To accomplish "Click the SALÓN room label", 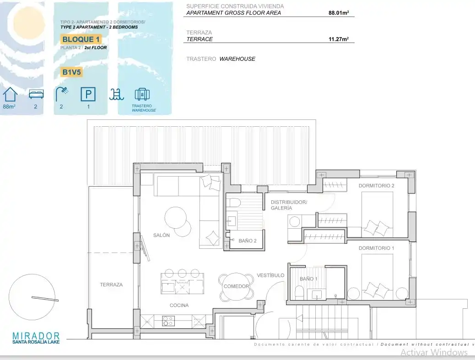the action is [161, 235].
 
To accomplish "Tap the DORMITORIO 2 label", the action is [376, 186].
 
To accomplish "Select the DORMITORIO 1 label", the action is [376, 248].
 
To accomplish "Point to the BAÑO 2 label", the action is [248, 241].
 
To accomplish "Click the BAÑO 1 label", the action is [308, 279].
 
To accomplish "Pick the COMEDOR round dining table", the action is [236, 286].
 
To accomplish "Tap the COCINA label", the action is [179, 305].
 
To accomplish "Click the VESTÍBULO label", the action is [270, 275].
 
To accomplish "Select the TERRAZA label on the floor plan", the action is [111, 285].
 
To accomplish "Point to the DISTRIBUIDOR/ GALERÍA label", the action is [289, 205].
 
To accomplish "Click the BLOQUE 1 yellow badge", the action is [81, 39].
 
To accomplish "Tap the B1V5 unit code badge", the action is [71, 72].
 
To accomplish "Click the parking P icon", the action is [88, 94].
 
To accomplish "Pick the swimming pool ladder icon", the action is [117, 95].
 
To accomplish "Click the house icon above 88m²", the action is [10, 95].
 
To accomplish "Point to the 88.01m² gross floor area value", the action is [339, 13].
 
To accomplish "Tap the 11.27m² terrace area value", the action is [339, 39].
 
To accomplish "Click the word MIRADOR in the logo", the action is [36, 336].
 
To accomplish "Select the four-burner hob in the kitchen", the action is [168, 321].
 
